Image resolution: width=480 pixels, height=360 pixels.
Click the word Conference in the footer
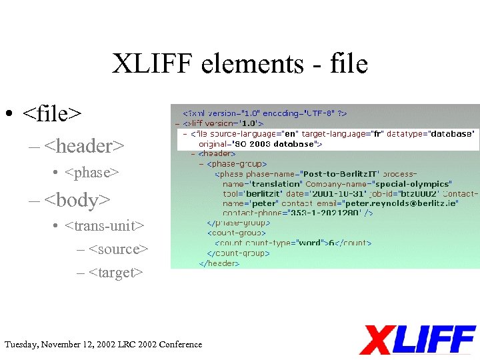180,344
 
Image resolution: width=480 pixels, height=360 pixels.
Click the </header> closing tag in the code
219,263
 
